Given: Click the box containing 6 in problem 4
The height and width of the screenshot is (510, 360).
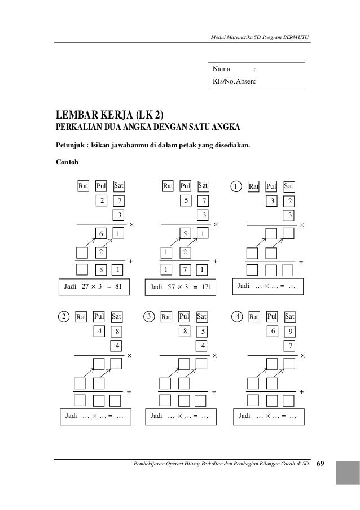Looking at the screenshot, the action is pyautogui.click(x=273, y=331).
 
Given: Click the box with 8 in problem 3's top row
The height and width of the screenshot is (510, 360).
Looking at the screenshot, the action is pyautogui.click(x=185, y=332).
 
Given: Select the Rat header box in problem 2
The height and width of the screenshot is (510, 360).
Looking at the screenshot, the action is pyautogui.click(x=81, y=317).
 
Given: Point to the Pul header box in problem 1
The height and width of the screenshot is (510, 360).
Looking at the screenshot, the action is pyautogui.click(x=271, y=186).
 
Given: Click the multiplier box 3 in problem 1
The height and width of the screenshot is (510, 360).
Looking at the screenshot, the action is pyautogui.click(x=289, y=215).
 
